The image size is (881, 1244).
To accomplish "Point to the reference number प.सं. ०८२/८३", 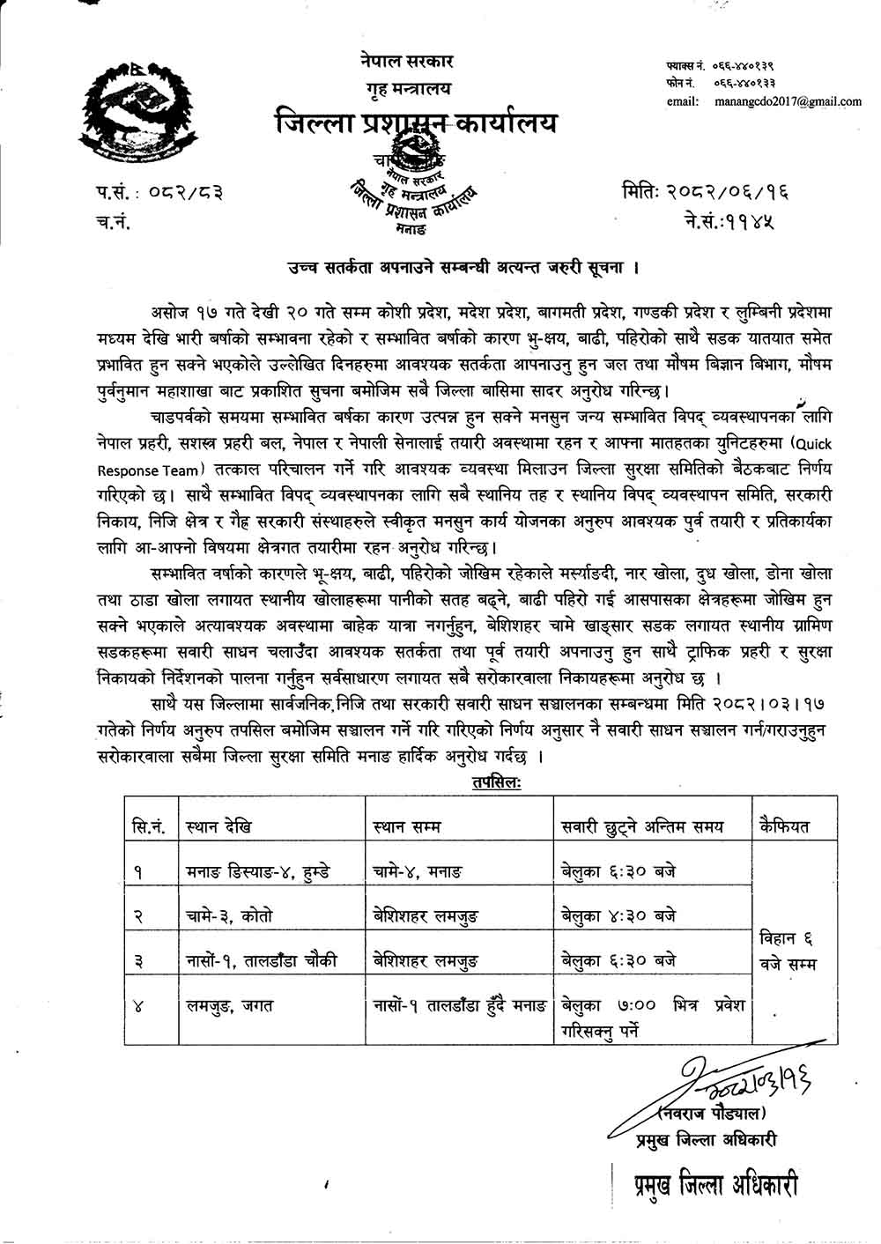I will (x=159, y=190).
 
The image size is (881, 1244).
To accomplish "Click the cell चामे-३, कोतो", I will (x=227, y=915).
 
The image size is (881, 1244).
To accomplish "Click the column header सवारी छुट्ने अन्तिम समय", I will (x=643, y=826).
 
